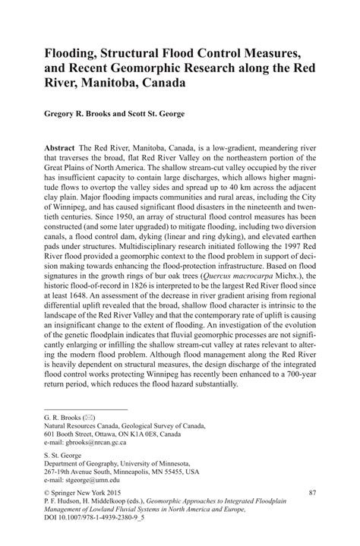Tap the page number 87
[311, 494]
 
